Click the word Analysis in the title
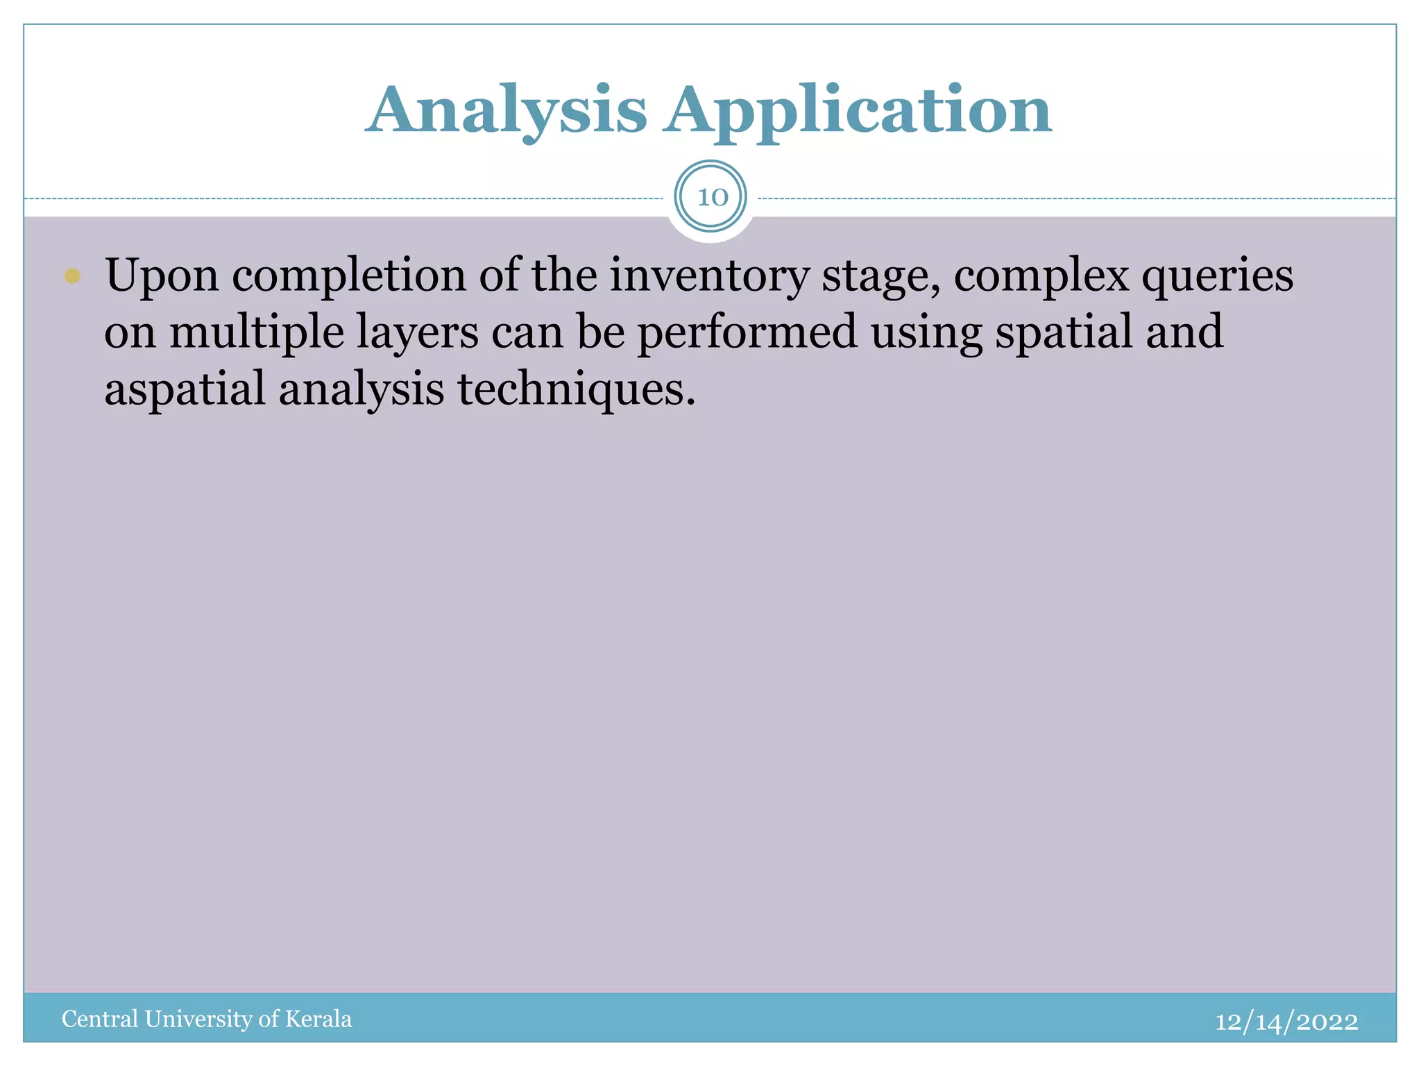pos(507,111)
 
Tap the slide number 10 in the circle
pos(711,198)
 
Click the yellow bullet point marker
pos(72,276)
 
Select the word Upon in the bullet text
pos(162,276)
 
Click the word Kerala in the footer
pos(318,1019)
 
